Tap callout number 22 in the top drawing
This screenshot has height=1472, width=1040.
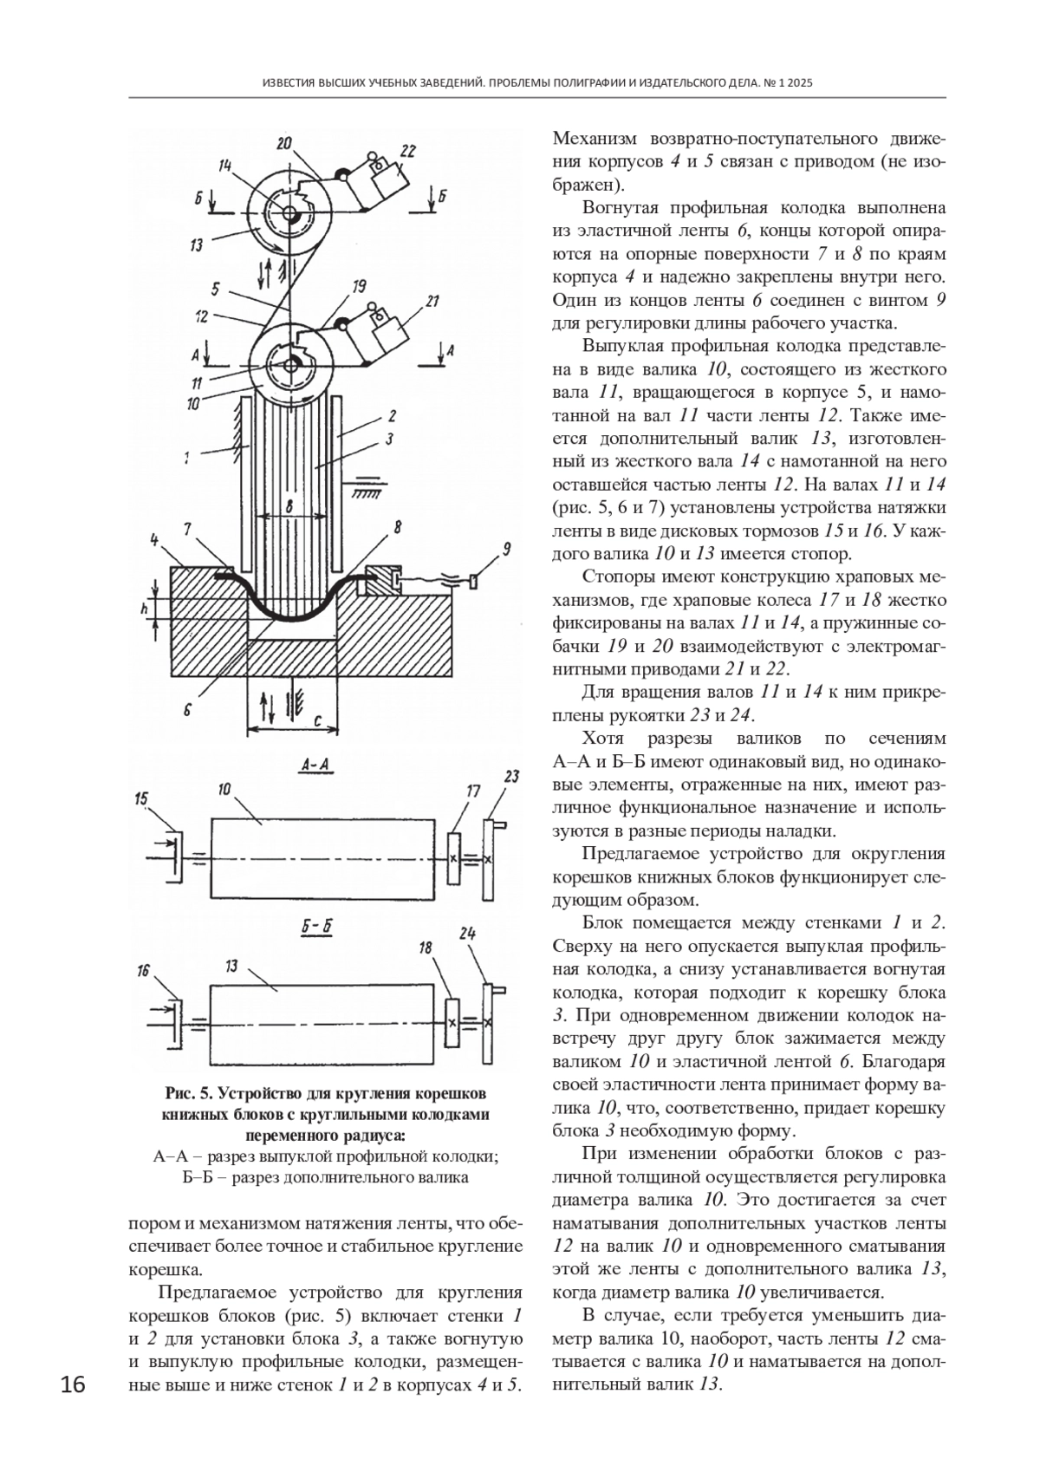407,151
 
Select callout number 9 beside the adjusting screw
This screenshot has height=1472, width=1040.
506,549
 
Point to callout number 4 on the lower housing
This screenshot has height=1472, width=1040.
154,541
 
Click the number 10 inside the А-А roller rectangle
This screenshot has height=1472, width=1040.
224,789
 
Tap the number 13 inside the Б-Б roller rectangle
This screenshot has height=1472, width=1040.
231,966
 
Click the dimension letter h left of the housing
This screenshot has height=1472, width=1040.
146,609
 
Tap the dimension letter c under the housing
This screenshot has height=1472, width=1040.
317,722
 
